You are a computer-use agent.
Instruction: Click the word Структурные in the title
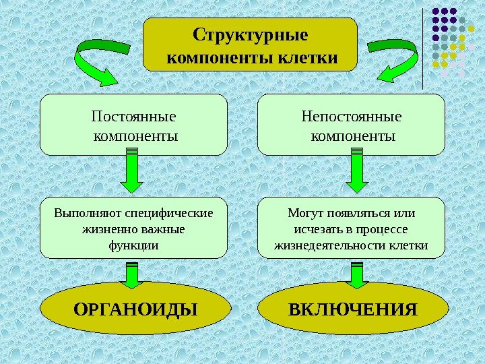250,34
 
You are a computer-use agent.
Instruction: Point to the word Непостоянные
352,117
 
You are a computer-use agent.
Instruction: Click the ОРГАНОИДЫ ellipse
134,309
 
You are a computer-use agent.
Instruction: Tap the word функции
133,245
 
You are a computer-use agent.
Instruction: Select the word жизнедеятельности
330,245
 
